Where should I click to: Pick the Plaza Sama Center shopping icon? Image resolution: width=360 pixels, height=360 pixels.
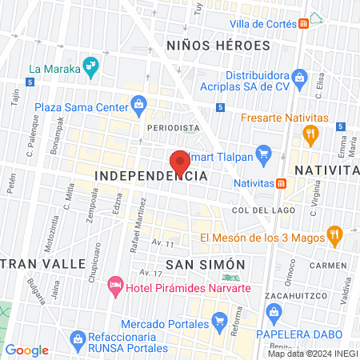click(139, 104)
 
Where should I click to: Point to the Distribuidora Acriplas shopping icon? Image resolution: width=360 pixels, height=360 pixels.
click(300, 78)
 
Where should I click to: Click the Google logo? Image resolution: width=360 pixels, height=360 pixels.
click(27, 350)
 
